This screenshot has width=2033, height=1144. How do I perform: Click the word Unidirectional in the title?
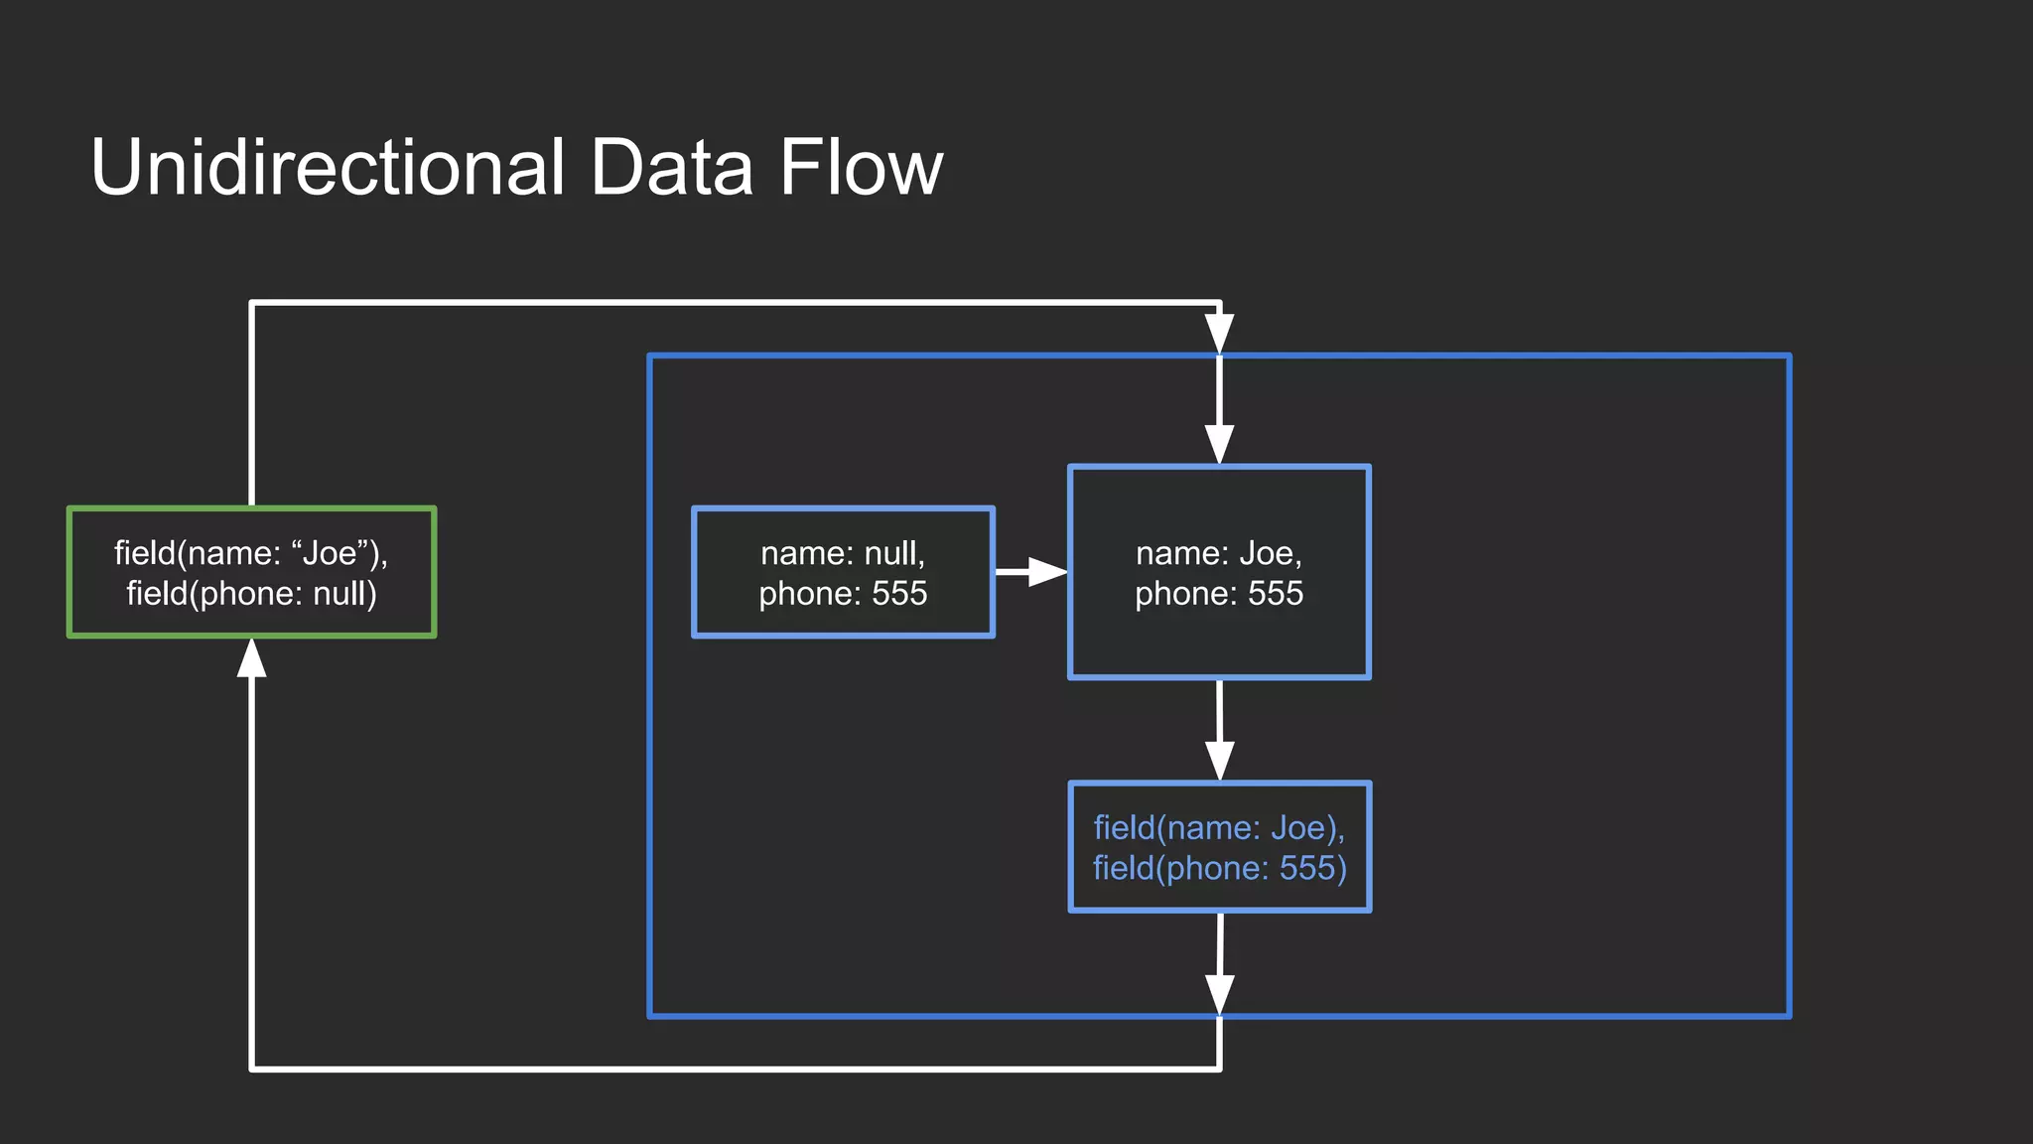tap(328, 167)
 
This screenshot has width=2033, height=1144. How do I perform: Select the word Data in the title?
tap(671, 167)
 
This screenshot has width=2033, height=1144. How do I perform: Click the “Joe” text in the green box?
tap(331, 553)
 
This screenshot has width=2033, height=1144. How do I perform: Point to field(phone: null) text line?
tap(251, 594)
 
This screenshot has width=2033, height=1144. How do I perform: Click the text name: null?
tap(843, 553)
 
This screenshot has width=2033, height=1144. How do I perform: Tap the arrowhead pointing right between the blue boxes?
tap(1046, 572)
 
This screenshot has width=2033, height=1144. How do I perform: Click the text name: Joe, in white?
tap(1219, 553)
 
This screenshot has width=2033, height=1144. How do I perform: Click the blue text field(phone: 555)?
tap(1219, 869)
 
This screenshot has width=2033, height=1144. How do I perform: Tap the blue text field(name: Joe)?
tap(1219, 828)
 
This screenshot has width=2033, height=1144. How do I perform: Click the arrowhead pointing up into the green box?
tap(252, 658)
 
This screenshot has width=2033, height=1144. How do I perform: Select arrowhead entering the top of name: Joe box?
tap(1219, 445)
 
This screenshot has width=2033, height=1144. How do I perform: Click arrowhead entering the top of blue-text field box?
tap(1219, 761)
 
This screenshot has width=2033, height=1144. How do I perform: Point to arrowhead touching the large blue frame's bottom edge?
tap(1219, 995)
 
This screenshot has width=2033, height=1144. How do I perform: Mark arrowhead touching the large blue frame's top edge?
tap(1219, 334)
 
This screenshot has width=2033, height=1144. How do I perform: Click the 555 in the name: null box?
tap(899, 594)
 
